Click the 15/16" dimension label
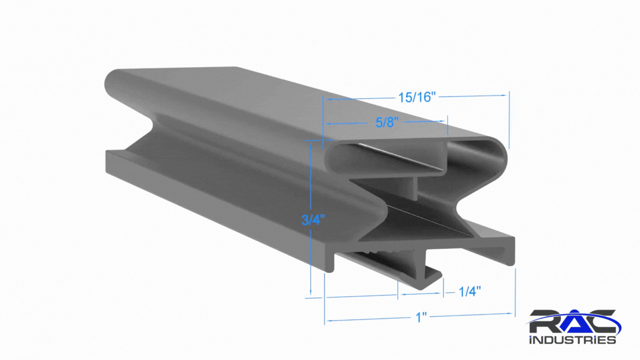tap(417, 97)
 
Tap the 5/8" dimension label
tap(387, 122)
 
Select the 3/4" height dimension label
tap(313, 220)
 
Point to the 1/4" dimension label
tap(469, 292)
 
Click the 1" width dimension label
tap(421, 317)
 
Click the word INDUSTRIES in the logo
tap(573, 339)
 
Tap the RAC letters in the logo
tap(573, 322)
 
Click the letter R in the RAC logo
tap(545, 322)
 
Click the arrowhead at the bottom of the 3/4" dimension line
tap(311, 292)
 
